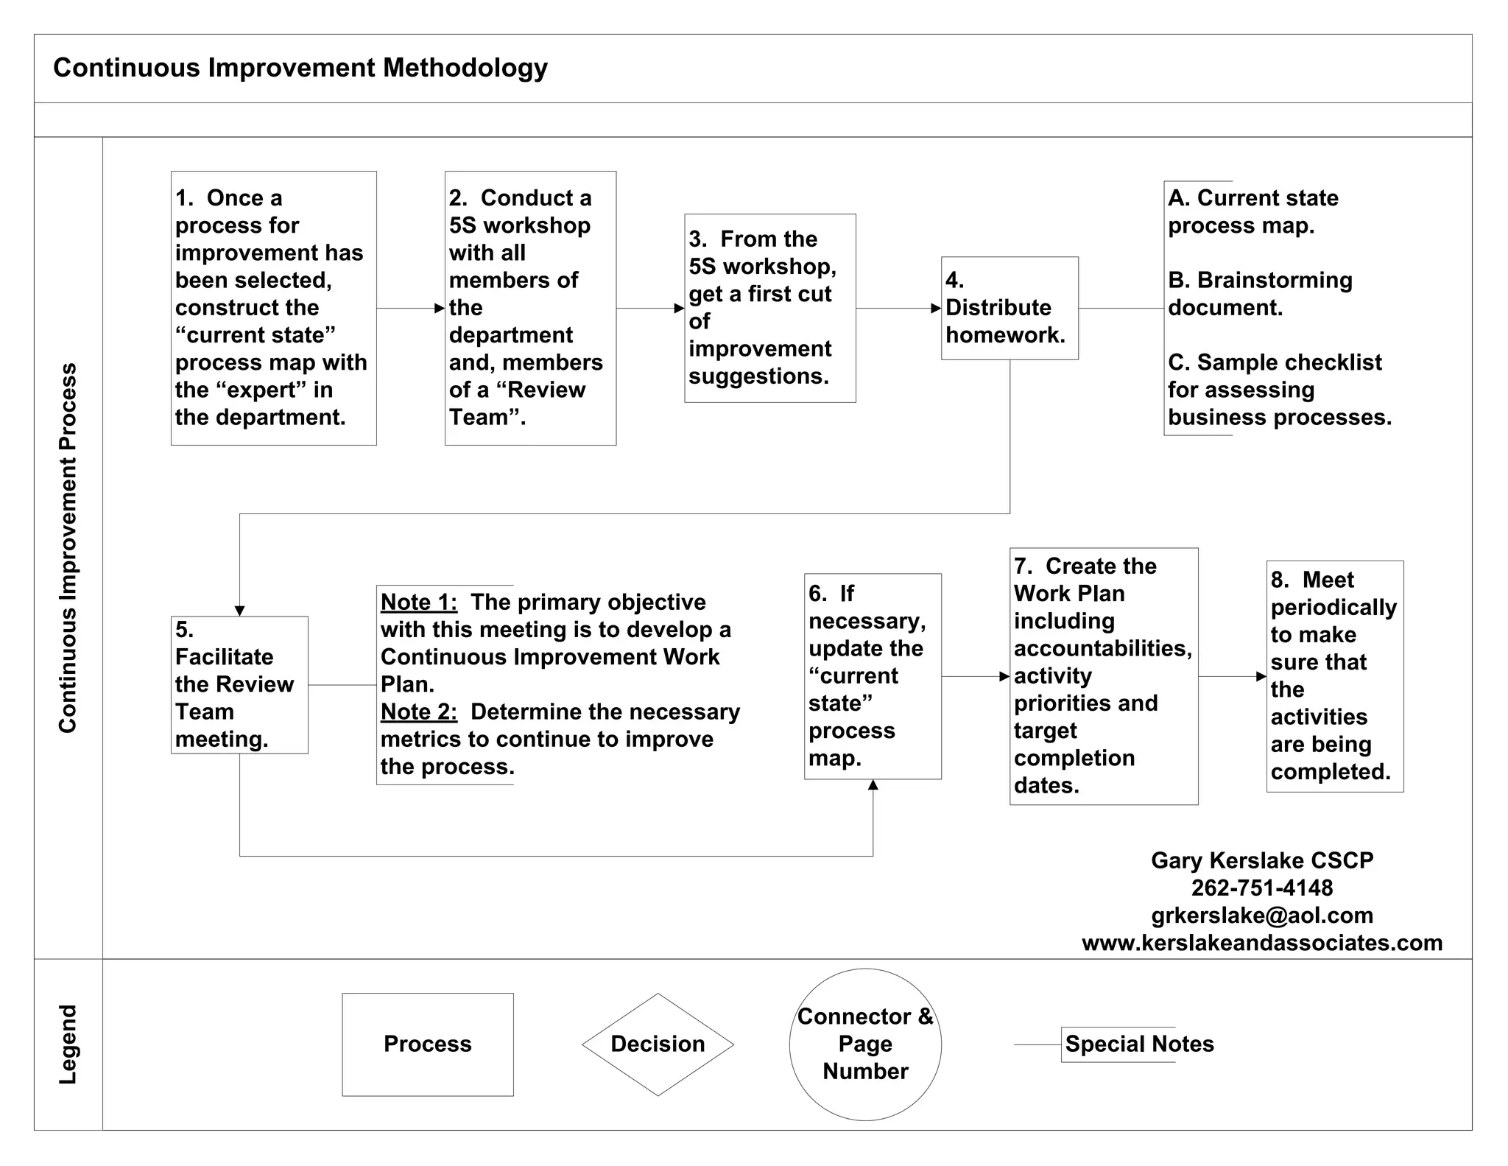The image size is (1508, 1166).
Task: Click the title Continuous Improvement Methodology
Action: click(300, 68)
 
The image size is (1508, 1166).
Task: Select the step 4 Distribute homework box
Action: click(1010, 308)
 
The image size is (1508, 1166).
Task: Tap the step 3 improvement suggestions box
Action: click(769, 308)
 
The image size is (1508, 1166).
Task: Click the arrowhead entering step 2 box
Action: click(440, 308)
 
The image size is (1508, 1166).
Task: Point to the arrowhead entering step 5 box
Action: click(239, 611)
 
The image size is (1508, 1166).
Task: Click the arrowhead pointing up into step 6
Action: click(873, 785)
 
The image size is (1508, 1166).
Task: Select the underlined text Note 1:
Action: click(419, 602)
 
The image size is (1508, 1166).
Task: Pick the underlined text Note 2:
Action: click(419, 712)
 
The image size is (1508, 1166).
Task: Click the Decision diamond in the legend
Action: click(658, 1044)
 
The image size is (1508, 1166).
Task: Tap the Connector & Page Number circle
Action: click(865, 1044)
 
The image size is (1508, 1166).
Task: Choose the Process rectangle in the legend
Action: click(427, 1044)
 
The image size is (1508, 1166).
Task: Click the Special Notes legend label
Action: click(1139, 1044)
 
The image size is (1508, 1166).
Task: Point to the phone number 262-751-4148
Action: click(1262, 888)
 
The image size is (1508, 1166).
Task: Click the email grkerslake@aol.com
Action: click(1262, 915)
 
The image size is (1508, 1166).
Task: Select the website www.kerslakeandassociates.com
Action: click(1262, 943)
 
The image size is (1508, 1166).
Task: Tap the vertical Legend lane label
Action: click(68, 1044)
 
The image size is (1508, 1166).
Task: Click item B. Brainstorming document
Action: click(1260, 293)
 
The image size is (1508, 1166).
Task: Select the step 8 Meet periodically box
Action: click(1334, 676)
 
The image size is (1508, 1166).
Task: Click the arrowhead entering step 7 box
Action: click(1004, 676)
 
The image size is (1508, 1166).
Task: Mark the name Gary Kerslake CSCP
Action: click(1262, 860)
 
